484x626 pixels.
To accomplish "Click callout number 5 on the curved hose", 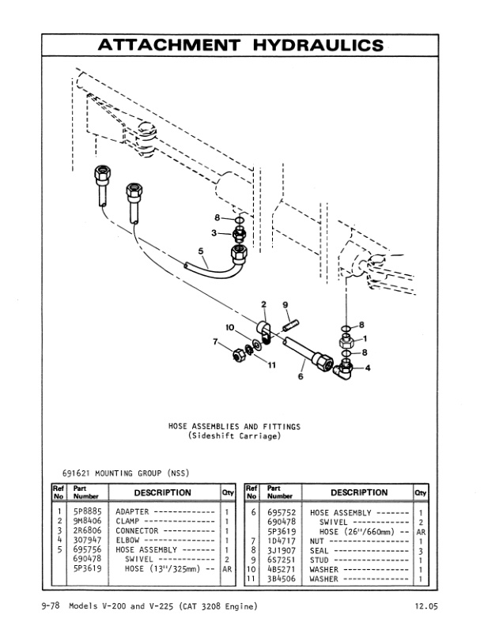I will (x=202, y=254).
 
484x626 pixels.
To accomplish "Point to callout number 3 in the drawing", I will (x=214, y=233).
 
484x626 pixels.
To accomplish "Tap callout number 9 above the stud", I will (x=285, y=305).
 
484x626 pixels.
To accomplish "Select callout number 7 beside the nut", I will (x=215, y=341).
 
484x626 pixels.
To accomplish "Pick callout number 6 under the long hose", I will (x=301, y=377).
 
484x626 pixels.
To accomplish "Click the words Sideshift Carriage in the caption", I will (x=233, y=436).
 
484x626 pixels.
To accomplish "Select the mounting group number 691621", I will (x=76, y=473).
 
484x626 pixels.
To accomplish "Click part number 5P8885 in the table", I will (x=85, y=512).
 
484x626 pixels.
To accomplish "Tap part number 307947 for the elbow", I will (x=85, y=540).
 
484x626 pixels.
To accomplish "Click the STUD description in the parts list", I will (x=324, y=559).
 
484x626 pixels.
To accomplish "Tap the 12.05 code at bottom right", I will (x=422, y=606).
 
